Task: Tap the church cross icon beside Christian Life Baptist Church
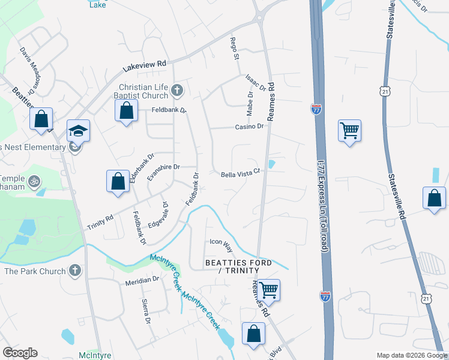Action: coord(176,91)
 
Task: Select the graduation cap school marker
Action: coord(78,131)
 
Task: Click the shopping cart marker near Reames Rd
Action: coord(269,290)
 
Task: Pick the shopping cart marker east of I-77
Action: coord(349,130)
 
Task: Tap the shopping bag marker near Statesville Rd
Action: coord(434,198)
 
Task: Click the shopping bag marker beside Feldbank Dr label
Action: coord(126,110)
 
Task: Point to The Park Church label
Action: coord(35,271)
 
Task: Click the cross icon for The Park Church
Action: coord(74,271)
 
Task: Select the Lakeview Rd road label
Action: coord(144,64)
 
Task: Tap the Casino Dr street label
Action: coord(249,127)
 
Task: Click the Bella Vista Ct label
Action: coord(240,173)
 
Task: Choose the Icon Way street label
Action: coord(220,243)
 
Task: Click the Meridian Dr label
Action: coord(142,280)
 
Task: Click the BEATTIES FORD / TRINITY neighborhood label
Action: coord(238,267)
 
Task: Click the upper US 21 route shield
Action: coord(384,90)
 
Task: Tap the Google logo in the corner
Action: coord(20,353)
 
